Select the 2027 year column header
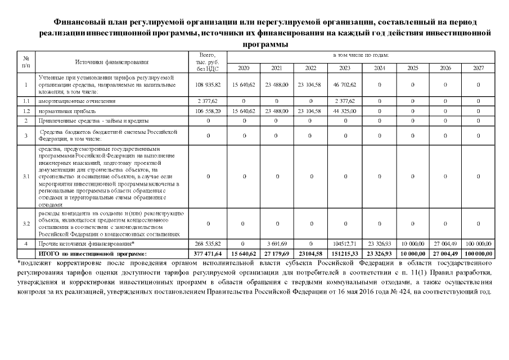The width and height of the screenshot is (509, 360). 478,68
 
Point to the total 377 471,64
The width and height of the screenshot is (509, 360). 208,254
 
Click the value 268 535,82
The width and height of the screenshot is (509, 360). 208,244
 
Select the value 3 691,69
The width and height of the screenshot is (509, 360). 277,244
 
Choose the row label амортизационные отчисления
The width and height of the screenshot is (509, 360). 77,101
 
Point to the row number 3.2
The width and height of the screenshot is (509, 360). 26,223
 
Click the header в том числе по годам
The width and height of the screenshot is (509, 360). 361,55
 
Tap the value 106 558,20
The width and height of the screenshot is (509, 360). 208,111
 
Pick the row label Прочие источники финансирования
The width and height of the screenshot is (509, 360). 85,244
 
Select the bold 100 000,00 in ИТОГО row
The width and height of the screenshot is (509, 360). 478,254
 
